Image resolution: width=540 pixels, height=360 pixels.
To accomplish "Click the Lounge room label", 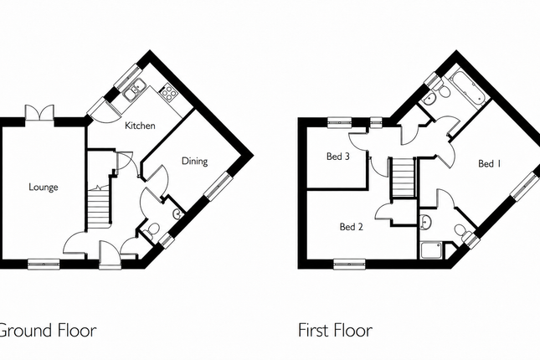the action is [x=43, y=187].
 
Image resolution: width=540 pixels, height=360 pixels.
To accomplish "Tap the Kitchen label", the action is [x=140, y=126].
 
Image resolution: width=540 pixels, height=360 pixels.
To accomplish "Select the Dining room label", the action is [x=194, y=162].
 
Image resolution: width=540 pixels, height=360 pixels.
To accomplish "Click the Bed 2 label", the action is [x=352, y=227].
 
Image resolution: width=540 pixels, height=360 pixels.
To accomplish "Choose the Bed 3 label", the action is [x=338, y=157].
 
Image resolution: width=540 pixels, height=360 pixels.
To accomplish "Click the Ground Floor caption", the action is [x=48, y=330].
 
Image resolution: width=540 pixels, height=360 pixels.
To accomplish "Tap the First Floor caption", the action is [x=335, y=330].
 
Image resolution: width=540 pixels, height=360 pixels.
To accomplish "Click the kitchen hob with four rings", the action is [x=168, y=92].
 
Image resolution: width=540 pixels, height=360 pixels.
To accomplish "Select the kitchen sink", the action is [x=135, y=90].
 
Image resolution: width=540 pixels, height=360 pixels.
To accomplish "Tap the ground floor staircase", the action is [x=99, y=208].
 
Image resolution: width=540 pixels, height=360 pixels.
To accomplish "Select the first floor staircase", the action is [x=403, y=177].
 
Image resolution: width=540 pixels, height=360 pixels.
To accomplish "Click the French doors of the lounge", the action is [x=39, y=112].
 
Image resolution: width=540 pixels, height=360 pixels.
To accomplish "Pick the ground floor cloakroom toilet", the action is [x=152, y=230].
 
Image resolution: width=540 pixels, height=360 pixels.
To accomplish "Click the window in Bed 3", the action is [x=339, y=122].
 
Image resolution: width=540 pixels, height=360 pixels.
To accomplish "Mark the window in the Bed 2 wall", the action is [x=350, y=265].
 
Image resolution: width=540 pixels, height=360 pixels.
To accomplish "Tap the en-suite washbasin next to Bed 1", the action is [x=426, y=222].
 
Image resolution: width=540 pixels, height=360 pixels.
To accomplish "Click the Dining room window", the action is [x=219, y=186].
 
